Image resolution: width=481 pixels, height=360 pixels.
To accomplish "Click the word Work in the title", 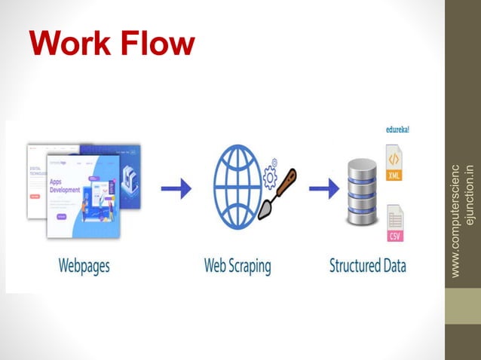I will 65,44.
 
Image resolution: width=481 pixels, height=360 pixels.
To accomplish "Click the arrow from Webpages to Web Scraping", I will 176,191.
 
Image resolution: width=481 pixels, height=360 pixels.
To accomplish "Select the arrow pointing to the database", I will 321,191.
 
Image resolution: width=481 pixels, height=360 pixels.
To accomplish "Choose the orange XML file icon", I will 394,165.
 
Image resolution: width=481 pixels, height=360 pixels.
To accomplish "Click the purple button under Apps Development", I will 61,216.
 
